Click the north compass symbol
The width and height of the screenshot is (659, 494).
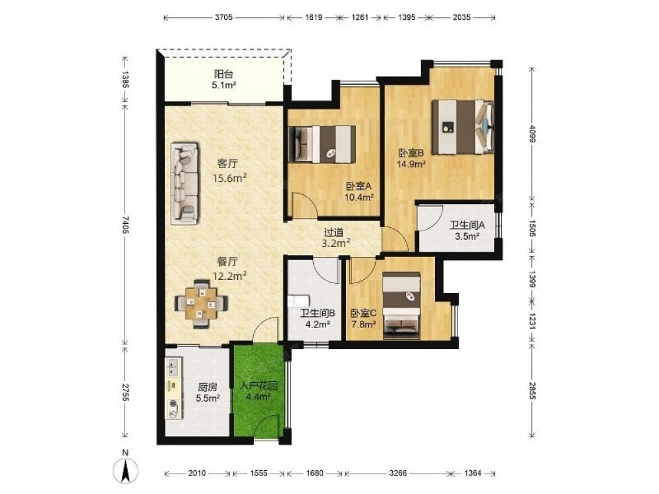click(x=127, y=469)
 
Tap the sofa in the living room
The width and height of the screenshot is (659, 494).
click(x=185, y=182)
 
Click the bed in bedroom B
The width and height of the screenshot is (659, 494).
click(x=463, y=126)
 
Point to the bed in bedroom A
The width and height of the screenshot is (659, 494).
click(x=322, y=144)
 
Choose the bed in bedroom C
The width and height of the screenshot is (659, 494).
click(x=402, y=306)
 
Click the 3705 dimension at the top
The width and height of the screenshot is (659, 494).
click(x=223, y=17)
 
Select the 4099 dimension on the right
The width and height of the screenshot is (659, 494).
click(x=532, y=134)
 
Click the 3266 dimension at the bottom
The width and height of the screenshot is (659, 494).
click(x=397, y=474)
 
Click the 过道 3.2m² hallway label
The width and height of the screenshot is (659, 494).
click(x=335, y=237)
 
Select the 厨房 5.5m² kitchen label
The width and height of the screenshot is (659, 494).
click(x=208, y=393)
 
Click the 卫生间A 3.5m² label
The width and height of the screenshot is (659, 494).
click(x=467, y=231)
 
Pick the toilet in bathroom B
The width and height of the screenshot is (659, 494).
click(x=299, y=302)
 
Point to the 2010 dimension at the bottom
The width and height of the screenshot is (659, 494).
click(x=196, y=474)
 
